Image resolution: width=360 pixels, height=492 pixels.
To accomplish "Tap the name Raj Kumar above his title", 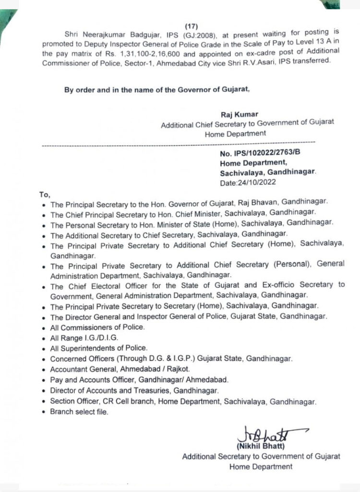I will [x=240, y=114].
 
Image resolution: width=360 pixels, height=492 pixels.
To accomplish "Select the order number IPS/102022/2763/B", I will [x=262, y=153].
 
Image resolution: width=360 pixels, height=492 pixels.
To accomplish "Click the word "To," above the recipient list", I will [x=44, y=195].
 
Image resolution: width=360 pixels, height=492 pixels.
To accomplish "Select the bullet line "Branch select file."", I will [x=79, y=411].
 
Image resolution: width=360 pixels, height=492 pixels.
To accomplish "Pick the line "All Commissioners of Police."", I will [x=97, y=327].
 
